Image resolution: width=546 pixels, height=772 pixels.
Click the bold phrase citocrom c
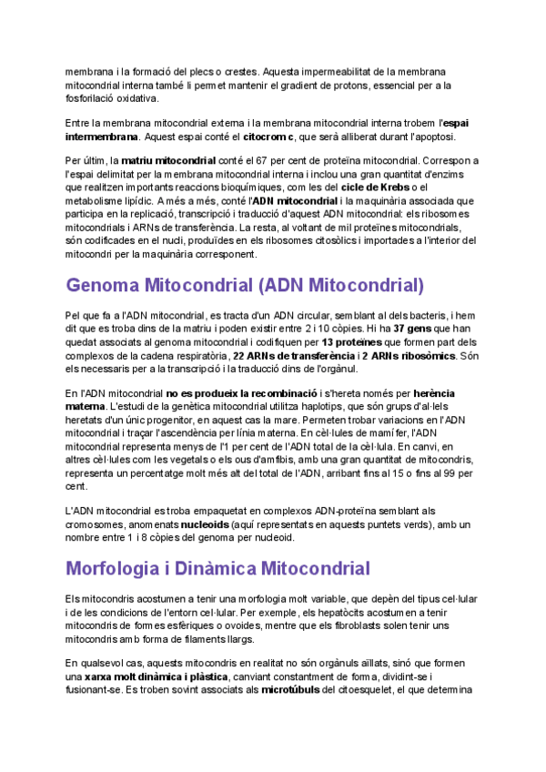pyautogui.click(x=270, y=137)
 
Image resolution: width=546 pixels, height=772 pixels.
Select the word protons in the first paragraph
pyautogui.click(x=366, y=86)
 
